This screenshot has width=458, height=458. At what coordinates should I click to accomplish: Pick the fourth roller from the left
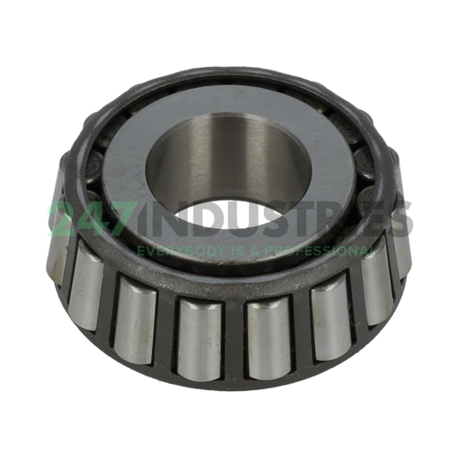(199, 330)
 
